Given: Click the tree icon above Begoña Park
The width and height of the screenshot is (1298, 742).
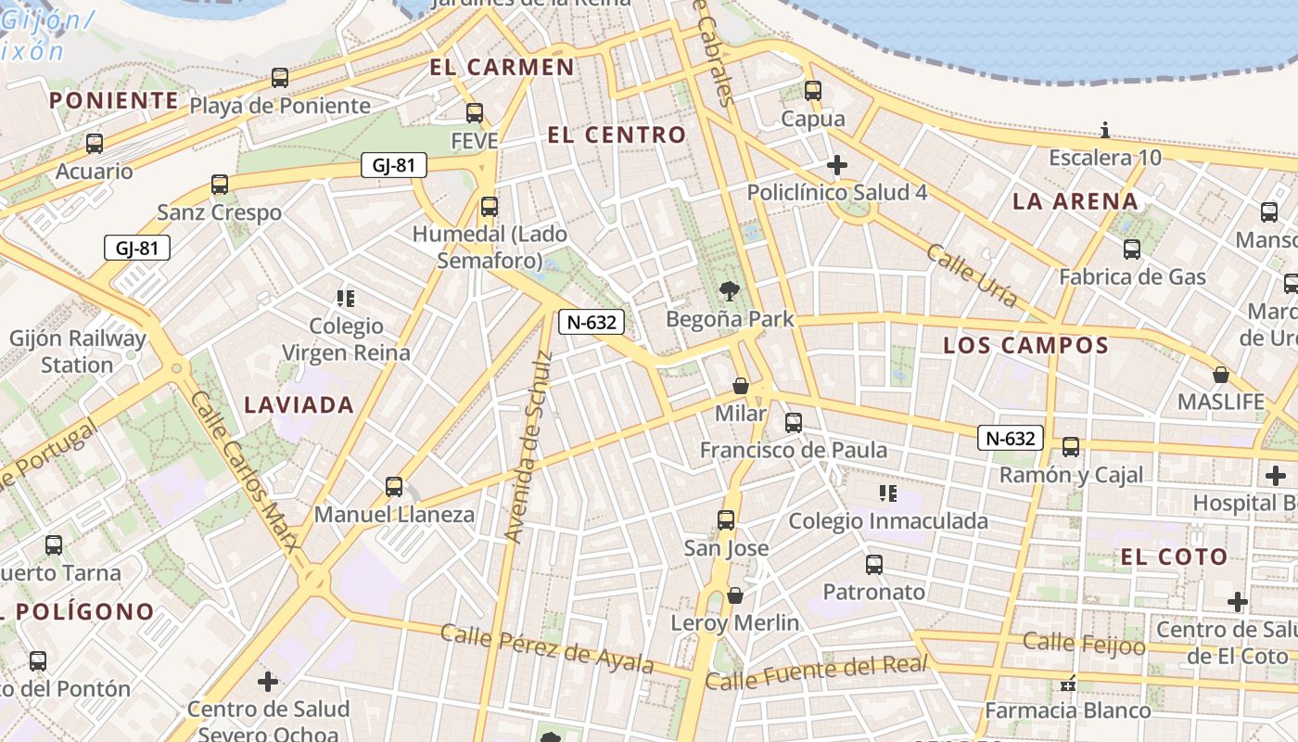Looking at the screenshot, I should (730, 291).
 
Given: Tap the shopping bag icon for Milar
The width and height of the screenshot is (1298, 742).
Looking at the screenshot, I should (741, 386).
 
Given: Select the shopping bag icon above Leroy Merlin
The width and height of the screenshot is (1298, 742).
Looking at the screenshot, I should (735, 595).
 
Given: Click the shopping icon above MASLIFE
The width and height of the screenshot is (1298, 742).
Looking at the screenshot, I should (1221, 375).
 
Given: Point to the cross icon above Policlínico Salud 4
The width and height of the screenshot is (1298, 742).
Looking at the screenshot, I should (836, 165).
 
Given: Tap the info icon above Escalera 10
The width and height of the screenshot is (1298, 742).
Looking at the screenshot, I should (1104, 130).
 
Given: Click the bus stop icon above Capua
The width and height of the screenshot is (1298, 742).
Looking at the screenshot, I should (813, 91).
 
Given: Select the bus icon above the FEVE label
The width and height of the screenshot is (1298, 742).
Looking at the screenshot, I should (475, 113).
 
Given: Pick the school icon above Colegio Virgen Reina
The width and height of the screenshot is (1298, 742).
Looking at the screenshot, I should (346, 298).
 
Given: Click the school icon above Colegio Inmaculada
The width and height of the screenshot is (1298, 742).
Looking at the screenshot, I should (888, 493).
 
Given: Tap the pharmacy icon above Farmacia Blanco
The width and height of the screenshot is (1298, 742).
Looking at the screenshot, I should (1068, 684).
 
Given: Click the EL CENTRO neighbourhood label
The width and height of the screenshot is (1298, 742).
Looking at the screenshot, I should (617, 135).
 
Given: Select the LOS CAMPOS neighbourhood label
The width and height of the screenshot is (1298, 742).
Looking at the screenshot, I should (1025, 346).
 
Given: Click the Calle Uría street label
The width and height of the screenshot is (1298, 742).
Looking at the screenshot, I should (972, 275).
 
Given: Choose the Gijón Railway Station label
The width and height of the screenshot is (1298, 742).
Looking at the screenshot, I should (78, 352).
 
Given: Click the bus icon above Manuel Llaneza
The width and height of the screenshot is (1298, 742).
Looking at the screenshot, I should (394, 486).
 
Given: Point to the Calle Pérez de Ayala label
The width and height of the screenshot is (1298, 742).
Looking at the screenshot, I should (547, 648).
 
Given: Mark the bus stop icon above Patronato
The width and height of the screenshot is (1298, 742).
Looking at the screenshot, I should (874, 564).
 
